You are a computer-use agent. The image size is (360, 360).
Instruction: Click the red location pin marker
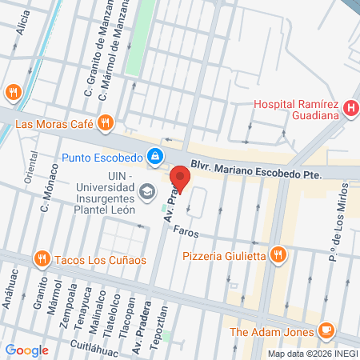[x=181, y=178]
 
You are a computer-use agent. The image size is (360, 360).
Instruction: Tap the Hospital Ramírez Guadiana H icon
[x=350, y=110]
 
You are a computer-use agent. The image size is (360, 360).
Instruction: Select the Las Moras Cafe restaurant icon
[x=104, y=123]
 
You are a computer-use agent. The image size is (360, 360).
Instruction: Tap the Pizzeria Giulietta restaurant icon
[x=278, y=255]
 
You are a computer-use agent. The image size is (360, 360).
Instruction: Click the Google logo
[x=26, y=350]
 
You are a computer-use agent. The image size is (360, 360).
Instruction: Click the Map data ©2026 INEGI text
[x=311, y=353]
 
